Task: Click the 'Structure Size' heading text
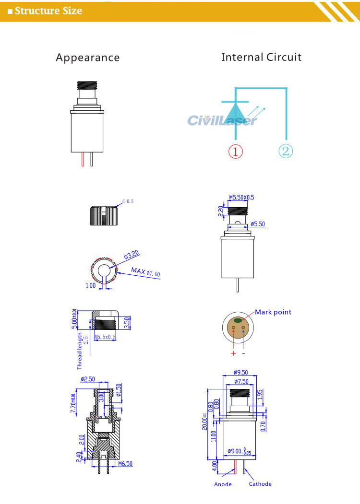(48, 11)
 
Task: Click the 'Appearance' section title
(87, 58)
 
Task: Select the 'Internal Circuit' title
(261, 58)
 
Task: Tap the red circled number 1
(235, 152)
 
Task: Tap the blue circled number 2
(285, 152)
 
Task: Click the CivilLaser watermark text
(222, 120)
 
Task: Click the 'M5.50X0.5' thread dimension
(241, 197)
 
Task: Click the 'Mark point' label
(273, 312)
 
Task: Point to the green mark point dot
(239, 320)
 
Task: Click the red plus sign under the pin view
(233, 353)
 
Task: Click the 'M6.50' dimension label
(126, 464)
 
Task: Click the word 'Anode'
(223, 484)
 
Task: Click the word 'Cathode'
(260, 484)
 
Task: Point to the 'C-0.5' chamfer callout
(128, 201)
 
